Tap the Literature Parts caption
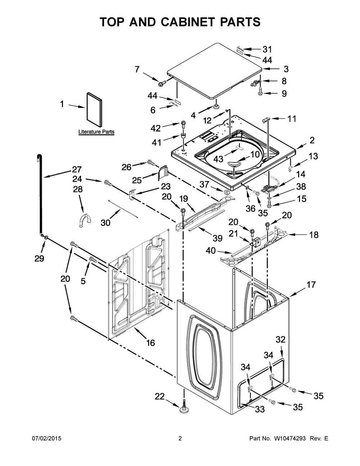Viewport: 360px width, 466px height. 96,132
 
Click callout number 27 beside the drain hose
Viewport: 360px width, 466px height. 77,169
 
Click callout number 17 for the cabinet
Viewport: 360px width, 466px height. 311,285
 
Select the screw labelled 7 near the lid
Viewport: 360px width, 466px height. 161,83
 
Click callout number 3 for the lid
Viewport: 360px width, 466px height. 286,69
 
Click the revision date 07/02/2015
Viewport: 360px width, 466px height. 46,439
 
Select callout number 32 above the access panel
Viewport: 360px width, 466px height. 280,339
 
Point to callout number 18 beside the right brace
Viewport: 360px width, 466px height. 314,235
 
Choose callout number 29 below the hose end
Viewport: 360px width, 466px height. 39,258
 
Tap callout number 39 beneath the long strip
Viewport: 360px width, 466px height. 217,238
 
